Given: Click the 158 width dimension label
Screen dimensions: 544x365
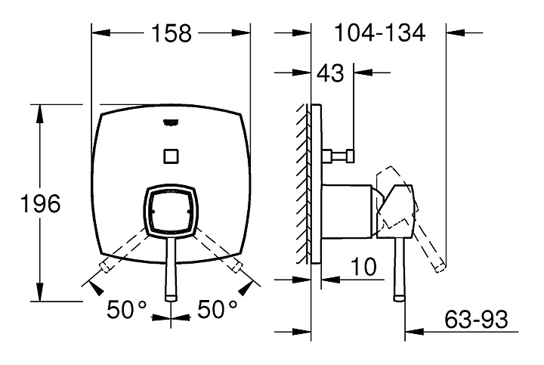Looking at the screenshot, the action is point(172,33).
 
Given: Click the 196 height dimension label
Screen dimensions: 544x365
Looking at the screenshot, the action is point(41,203).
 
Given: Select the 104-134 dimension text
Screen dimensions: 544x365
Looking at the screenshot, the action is point(379,33).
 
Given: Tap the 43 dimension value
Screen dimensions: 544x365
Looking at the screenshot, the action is point(331,73).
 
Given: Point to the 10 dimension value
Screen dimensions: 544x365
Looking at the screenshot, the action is point(363,267).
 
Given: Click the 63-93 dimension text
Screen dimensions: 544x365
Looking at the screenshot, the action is point(476,319).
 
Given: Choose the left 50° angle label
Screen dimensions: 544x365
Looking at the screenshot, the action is point(127,310).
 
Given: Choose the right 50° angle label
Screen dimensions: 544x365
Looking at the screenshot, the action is point(218,310).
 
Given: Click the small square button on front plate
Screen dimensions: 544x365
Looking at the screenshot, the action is point(171,156).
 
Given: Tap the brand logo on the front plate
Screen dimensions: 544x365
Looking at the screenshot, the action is point(171,122).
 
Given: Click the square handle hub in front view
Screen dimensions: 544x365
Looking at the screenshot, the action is point(171,211).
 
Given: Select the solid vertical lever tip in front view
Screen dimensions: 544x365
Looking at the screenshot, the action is point(171,297).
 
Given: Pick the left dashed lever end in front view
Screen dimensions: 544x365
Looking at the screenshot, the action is point(105,267).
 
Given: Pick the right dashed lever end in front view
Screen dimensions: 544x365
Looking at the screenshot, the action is point(236,267).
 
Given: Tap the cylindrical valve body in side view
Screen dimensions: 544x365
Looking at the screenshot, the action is point(347,212).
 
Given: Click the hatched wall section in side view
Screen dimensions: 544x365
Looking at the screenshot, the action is point(304,184).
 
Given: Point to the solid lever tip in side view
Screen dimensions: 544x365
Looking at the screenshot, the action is point(399,297).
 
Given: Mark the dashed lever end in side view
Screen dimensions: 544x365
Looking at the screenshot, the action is point(439,268).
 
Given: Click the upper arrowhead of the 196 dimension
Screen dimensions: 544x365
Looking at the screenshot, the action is point(40,114).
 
